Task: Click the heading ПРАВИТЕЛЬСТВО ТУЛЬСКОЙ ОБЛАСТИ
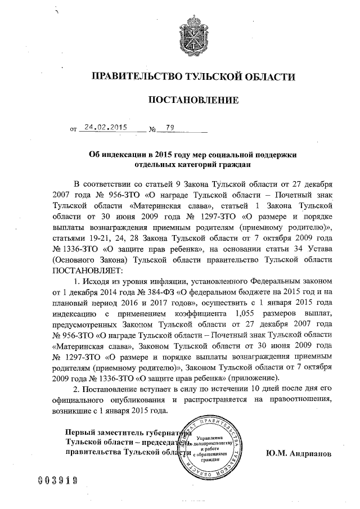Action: pyautogui.click(x=193, y=76)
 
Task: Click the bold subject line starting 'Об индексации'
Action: pyautogui.click(x=193, y=155)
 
